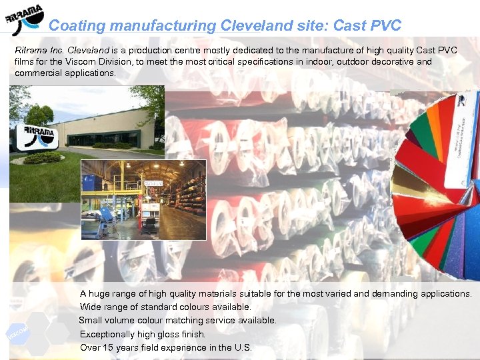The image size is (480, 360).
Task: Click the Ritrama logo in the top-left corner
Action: coord(25,21)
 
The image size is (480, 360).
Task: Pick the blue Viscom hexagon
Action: coord(17,331)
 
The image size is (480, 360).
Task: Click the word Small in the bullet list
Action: coord(91,321)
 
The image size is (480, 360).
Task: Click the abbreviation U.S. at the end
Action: coord(243,347)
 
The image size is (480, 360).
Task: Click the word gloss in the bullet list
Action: coord(174,334)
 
